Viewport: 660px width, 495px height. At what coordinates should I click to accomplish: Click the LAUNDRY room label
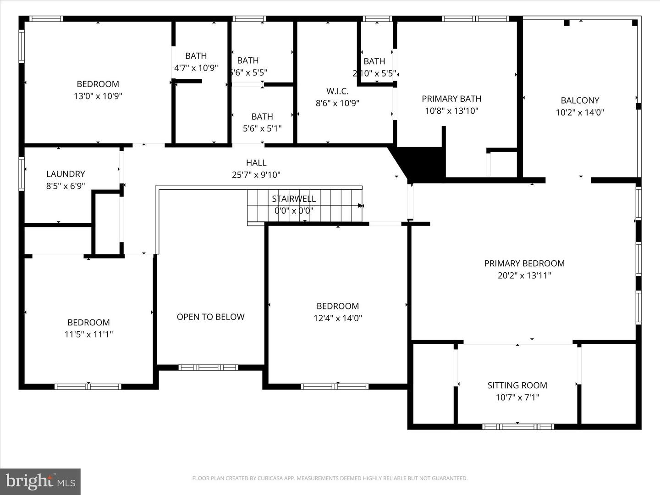click(x=66, y=174)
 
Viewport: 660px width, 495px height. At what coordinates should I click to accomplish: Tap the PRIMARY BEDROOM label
click(x=524, y=264)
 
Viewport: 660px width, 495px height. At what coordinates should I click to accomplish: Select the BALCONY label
click(x=580, y=100)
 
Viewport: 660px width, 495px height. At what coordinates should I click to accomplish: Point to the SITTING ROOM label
click(x=517, y=385)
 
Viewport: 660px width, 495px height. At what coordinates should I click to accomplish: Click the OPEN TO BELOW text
click(x=210, y=317)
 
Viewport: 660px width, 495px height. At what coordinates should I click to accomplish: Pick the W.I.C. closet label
click(x=337, y=91)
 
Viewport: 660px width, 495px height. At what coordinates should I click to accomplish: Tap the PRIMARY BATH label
click(x=451, y=99)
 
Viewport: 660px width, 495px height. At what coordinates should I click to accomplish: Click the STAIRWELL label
click(x=294, y=199)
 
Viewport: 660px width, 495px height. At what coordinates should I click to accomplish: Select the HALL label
click(x=256, y=163)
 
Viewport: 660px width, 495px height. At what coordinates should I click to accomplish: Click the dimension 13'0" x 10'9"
click(x=98, y=96)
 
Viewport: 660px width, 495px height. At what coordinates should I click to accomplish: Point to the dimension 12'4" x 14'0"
click(x=338, y=318)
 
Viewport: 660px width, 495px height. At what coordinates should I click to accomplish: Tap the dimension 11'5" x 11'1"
click(x=88, y=335)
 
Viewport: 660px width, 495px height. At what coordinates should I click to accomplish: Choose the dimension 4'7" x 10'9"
click(x=196, y=68)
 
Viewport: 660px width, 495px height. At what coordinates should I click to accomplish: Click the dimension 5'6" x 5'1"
click(x=262, y=129)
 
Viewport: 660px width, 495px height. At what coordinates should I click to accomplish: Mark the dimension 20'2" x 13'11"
click(x=524, y=275)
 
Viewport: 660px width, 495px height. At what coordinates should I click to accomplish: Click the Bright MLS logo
click(x=40, y=481)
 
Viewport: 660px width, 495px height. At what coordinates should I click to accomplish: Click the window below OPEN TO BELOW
click(x=209, y=368)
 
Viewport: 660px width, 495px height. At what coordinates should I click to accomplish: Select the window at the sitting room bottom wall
click(x=518, y=427)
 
